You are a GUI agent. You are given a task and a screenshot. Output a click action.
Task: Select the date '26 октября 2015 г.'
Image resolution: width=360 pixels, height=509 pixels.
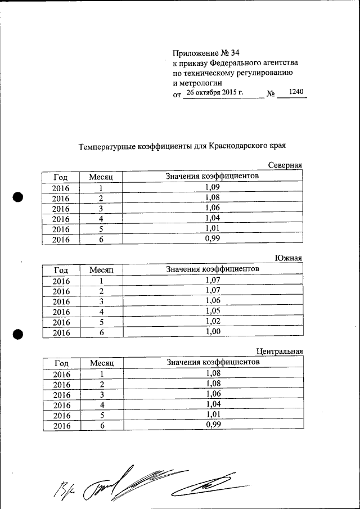pyautogui.click(x=215, y=93)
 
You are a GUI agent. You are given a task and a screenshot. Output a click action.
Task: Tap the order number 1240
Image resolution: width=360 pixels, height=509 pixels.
pyautogui.click(x=295, y=92)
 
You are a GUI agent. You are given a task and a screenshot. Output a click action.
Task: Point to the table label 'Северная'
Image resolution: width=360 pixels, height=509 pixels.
pyautogui.click(x=285, y=165)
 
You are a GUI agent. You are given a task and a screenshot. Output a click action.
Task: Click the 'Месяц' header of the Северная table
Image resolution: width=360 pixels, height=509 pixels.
pyautogui.click(x=101, y=177)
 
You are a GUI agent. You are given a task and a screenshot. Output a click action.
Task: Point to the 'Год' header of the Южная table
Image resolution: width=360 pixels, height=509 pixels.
pyautogui.click(x=61, y=270)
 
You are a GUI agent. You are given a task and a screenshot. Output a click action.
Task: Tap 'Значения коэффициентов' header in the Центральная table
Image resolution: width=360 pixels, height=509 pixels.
pyautogui.click(x=213, y=362)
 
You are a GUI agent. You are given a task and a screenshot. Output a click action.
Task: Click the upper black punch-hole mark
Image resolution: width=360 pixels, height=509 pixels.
pyautogui.click(x=17, y=197)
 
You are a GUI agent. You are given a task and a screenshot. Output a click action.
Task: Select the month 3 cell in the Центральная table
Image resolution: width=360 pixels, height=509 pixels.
pyautogui.click(x=101, y=394)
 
